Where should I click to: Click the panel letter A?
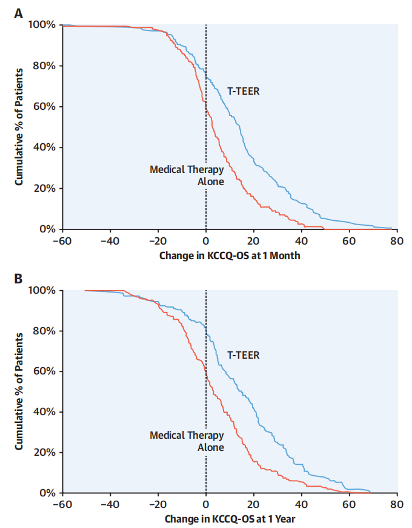[19, 12]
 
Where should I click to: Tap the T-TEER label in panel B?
[244, 355]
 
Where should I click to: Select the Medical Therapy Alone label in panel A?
[187, 175]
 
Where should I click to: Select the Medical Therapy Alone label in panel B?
[187, 441]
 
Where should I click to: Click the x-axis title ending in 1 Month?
[230, 256]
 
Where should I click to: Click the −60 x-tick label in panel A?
[62, 241]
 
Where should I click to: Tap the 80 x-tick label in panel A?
[397, 241]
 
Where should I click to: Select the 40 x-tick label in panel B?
[301, 504]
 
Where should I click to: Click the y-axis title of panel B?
[19, 391]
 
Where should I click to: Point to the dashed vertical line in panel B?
[206, 413]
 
